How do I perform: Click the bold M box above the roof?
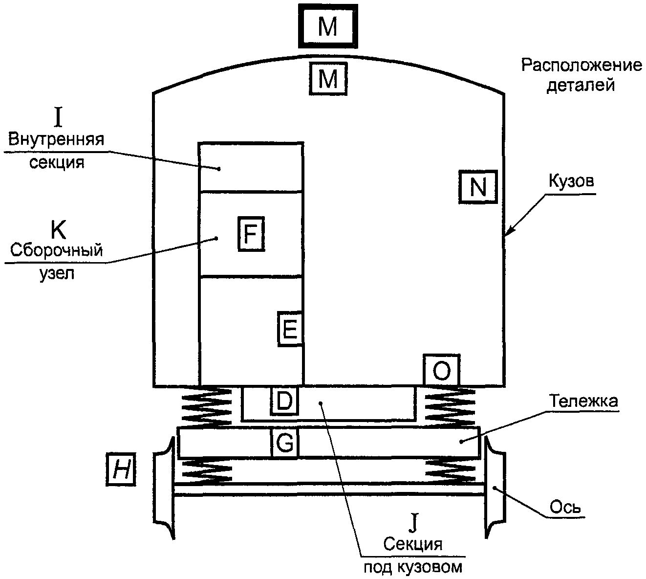point(328,26)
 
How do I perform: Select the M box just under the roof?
point(328,79)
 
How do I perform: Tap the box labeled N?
point(478,187)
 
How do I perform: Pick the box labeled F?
point(251,234)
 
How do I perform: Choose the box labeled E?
point(290,329)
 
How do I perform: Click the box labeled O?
point(442,370)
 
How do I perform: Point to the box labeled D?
point(284,401)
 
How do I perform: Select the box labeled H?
point(121,469)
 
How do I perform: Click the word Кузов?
point(571,181)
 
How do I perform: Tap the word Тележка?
point(583,401)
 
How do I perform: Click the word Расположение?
point(581,66)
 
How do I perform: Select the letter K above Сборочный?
point(58,230)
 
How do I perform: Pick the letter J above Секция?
point(413,523)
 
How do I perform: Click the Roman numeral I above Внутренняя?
point(58,117)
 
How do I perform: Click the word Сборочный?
point(56,251)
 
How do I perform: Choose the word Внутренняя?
point(56,139)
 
